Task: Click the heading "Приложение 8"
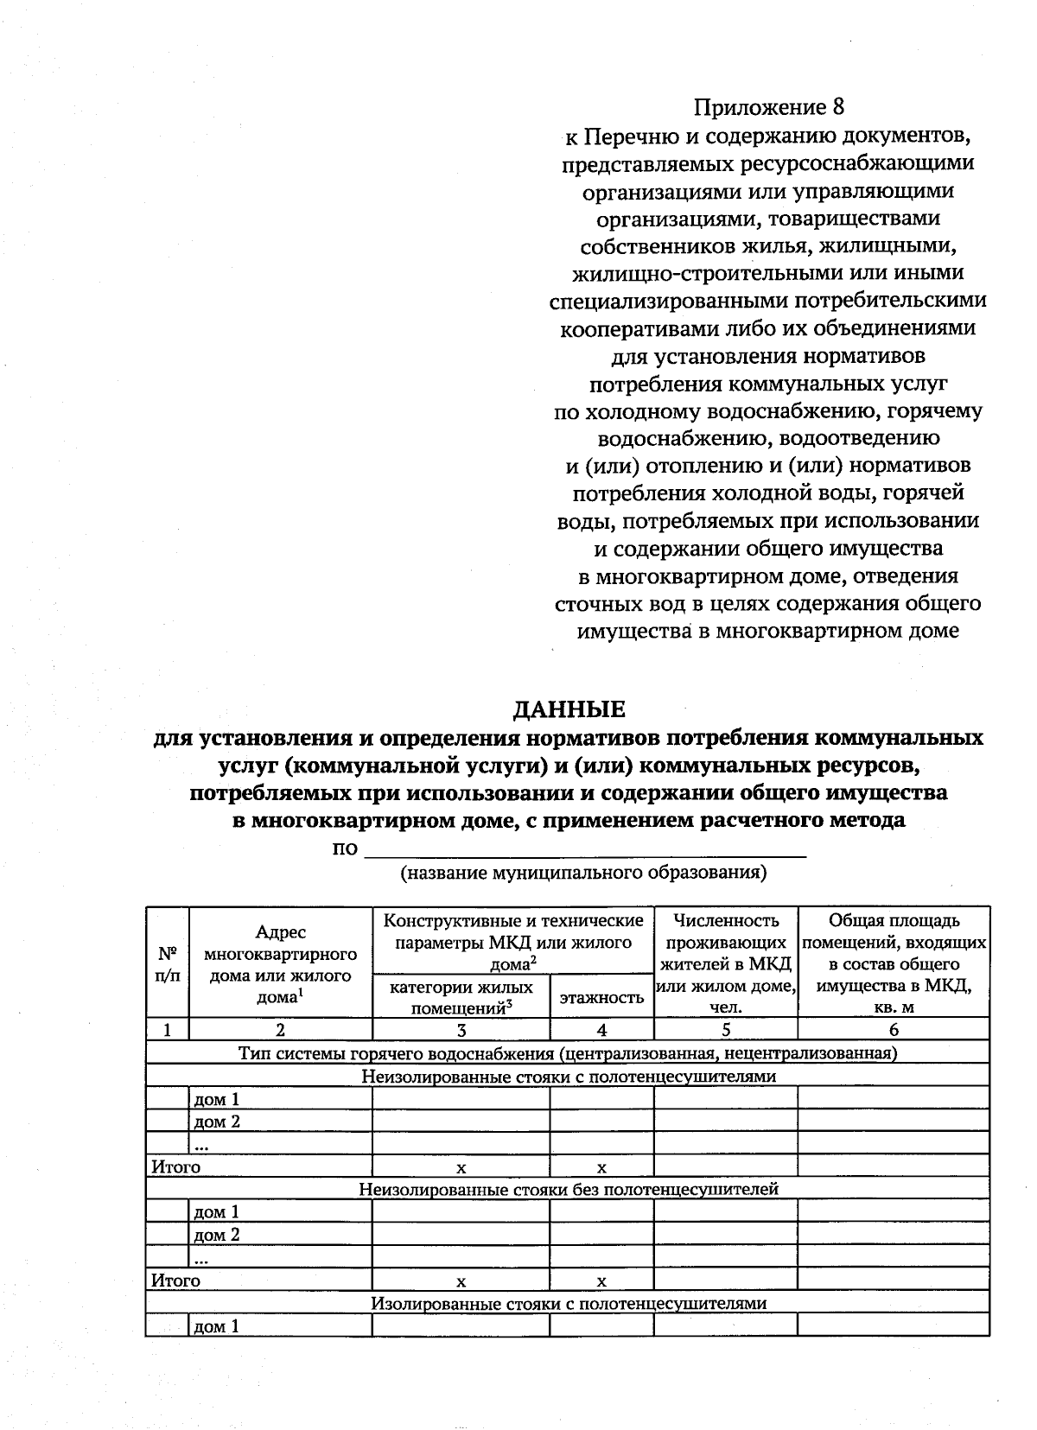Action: (768, 108)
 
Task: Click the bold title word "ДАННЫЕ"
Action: (569, 710)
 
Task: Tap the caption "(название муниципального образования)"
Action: (583, 872)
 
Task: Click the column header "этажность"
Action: (601, 998)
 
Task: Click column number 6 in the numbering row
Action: (894, 1029)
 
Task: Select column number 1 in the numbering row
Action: (168, 1029)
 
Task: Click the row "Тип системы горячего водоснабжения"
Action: (568, 1053)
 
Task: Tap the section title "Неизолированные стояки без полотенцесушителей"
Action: (568, 1190)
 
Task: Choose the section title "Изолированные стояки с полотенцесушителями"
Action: (568, 1303)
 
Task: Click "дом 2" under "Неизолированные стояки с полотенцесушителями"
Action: (216, 1122)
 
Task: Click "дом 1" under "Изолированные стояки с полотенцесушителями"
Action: (216, 1326)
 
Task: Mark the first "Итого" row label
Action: (176, 1167)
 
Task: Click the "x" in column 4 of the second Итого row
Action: (601, 1281)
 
